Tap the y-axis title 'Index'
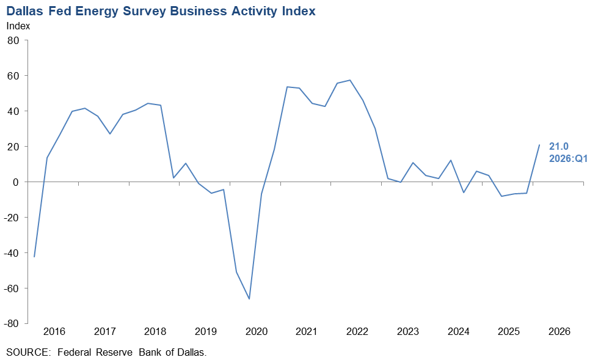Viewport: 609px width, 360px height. [x=18, y=26]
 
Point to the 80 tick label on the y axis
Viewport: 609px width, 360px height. [x=14, y=40]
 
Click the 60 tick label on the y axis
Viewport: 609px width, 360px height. [x=14, y=76]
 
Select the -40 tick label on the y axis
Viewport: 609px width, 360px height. [x=12, y=253]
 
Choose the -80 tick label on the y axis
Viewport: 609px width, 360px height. [x=12, y=324]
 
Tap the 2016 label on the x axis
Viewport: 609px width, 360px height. [x=54, y=332]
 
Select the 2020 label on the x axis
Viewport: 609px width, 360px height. [x=256, y=332]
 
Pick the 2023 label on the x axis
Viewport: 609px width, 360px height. [x=407, y=332]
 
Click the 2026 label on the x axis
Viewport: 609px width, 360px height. [x=559, y=332]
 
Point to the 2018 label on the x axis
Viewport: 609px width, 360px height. [x=155, y=332]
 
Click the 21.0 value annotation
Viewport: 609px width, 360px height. [x=560, y=147]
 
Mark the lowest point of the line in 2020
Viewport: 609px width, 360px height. [x=249, y=299]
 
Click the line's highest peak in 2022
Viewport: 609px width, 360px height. [x=350, y=80]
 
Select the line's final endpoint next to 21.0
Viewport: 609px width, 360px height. [x=539, y=145]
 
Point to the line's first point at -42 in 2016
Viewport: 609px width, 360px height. [x=34, y=257]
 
